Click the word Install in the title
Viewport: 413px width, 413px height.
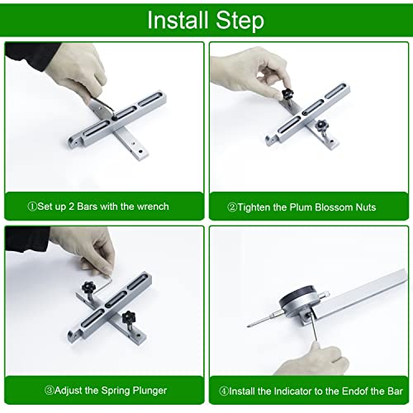[178, 20]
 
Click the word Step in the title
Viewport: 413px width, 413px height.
[240, 21]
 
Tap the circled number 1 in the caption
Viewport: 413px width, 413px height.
[32, 206]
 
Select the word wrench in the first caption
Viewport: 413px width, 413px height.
[153, 206]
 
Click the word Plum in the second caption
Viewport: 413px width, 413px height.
[301, 207]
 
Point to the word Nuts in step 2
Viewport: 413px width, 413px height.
[366, 207]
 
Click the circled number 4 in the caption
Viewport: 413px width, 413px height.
[224, 391]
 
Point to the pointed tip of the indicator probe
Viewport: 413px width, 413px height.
[248, 326]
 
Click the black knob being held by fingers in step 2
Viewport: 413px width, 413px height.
[287, 94]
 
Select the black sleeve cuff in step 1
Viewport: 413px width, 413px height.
[31, 55]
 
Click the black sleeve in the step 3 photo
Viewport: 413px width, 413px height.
[26, 238]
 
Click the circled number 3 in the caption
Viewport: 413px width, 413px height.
[49, 391]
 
